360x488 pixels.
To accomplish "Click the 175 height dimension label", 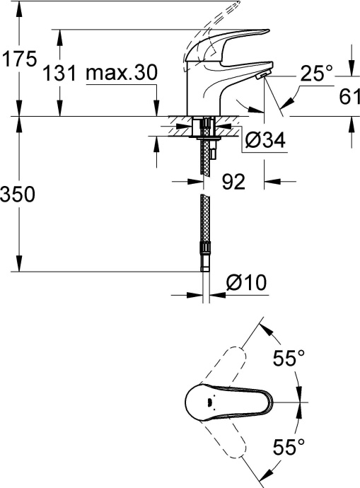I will (18, 59).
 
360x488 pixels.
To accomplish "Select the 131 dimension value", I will (59, 73).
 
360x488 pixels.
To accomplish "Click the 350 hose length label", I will (18, 194).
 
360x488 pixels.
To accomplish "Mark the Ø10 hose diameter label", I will (245, 284).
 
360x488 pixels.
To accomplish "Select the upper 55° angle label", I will (289, 359).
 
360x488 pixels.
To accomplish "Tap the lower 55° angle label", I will (289, 446).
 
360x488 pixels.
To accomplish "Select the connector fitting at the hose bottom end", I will (206, 256).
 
